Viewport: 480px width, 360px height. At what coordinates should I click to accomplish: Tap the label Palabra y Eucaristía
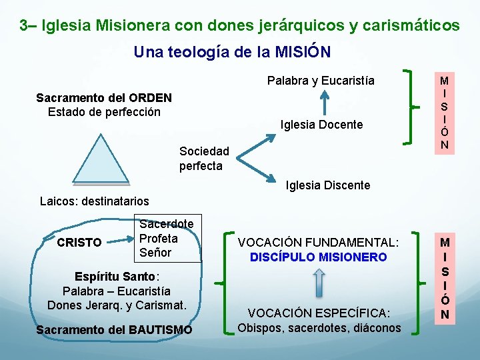click(321, 81)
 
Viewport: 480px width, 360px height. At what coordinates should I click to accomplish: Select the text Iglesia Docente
click(322, 125)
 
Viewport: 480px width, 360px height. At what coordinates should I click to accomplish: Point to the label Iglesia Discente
click(327, 185)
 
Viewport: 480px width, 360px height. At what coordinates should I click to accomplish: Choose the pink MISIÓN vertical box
click(444, 111)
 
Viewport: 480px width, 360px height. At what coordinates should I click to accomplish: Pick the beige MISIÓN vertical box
click(444, 277)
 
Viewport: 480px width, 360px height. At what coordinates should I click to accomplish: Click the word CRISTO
click(79, 243)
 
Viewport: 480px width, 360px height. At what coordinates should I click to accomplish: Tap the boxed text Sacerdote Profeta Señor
click(166, 239)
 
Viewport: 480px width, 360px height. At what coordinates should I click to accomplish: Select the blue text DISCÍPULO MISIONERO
click(318, 257)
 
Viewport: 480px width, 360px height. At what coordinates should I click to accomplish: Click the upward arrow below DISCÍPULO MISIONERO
click(319, 283)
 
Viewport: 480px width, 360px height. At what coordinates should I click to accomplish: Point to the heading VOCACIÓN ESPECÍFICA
click(319, 313)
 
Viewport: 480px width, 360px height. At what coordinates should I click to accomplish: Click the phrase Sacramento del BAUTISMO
click(114, 329)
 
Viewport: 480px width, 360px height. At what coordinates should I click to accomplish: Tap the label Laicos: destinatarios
click(95, 201)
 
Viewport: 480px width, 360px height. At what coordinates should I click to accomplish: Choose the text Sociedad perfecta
click(203, 159)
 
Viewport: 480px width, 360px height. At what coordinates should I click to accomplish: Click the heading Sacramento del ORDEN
click(104, 98)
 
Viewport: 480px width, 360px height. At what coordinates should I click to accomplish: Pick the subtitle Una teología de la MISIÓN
click(232, 52)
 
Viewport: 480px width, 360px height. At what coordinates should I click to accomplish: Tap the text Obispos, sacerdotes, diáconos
click(319, 328)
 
